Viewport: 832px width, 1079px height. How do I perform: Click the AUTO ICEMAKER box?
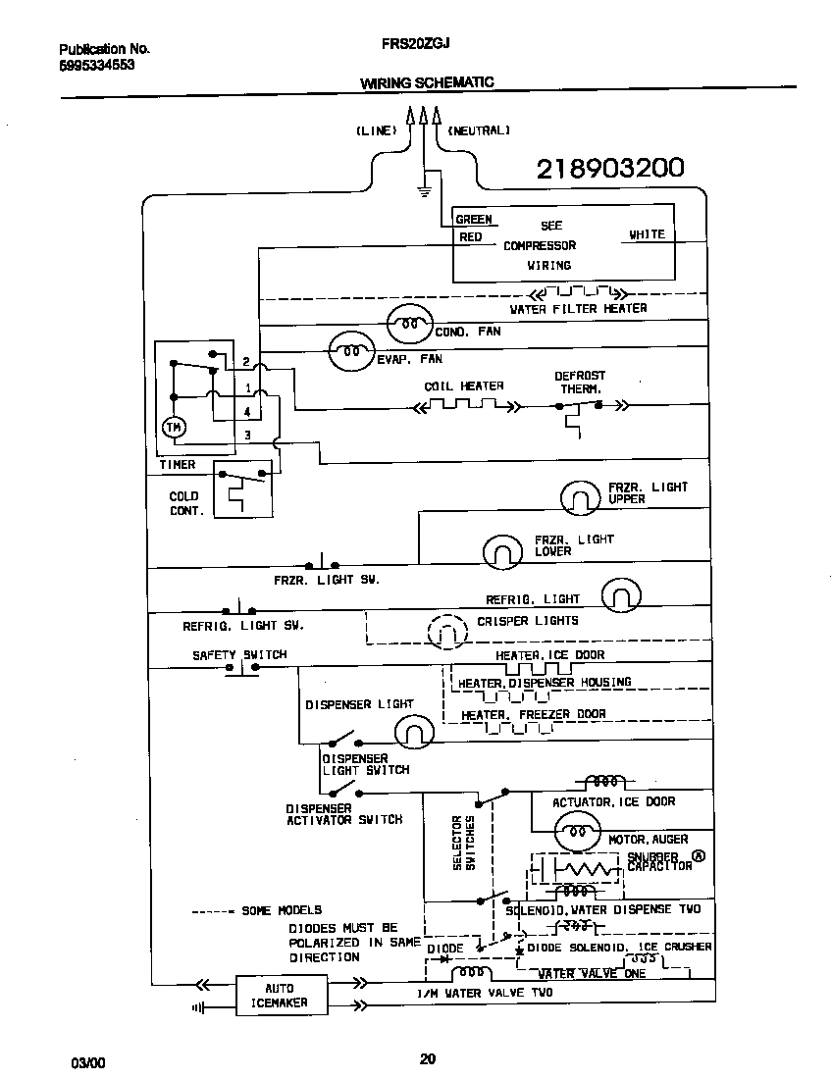point(280,995)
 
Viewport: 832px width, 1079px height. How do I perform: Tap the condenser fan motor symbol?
point(410,321)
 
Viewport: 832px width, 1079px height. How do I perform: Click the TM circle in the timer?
point(173,427)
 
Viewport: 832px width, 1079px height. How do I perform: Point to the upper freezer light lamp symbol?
point(580,497)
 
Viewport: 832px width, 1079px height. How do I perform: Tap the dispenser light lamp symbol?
point(414,730)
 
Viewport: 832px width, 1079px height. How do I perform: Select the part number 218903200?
point(609,170)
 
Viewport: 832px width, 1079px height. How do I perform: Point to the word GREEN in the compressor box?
point(474,220)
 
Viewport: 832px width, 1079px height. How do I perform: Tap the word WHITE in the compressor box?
point(647,234)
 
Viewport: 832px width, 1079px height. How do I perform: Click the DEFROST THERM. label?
point(580,382)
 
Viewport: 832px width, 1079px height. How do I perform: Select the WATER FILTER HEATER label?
point(578,308)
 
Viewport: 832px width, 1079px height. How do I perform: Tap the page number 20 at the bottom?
point(427,1058)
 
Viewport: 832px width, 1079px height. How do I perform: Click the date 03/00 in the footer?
point(86,1063)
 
